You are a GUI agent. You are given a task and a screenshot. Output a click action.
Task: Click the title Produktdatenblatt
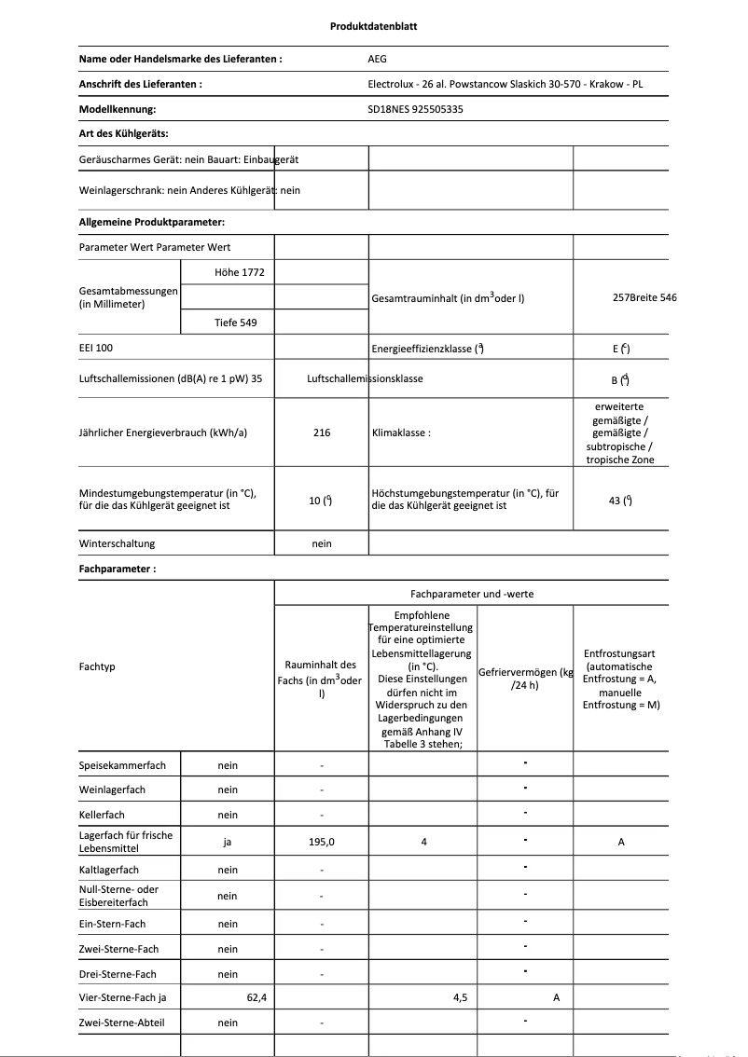coord(373,26)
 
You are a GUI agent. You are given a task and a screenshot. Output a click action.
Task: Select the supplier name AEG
coord(378,59)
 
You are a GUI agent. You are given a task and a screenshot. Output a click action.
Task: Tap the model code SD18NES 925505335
coord(416,109)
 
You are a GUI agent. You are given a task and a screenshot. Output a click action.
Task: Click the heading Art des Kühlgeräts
coord(124,134)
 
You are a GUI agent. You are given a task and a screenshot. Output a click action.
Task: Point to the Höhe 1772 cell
coord(228,271)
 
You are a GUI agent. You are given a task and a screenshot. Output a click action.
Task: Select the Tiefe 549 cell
coord(228,323)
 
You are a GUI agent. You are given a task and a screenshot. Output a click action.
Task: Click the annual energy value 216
coord(322,432)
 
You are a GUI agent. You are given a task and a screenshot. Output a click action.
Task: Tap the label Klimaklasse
coord(401,432)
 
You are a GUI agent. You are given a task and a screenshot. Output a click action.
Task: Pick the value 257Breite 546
coord(644,297)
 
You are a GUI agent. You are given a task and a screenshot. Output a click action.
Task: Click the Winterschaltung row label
coord(118,543)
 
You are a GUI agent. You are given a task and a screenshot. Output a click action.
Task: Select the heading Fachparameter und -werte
coord(472,594)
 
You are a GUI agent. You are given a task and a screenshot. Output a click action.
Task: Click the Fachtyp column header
coord(97,666)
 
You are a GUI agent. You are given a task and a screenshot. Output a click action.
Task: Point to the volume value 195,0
coord(321,842)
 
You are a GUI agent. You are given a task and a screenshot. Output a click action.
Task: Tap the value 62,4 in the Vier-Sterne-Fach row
coord(256,997)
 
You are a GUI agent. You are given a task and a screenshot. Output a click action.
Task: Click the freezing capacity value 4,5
coord(460,997)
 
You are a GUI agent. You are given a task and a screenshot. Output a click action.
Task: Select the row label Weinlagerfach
coord(113,789)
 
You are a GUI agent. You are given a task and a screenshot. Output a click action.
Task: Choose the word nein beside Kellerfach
coord(228,815)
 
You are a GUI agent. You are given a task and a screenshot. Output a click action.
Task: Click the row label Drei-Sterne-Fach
coord(118,974)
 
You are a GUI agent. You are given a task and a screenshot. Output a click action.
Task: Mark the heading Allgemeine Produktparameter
coord(152,222)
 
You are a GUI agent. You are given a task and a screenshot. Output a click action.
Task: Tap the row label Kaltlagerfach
coord(110,870)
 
